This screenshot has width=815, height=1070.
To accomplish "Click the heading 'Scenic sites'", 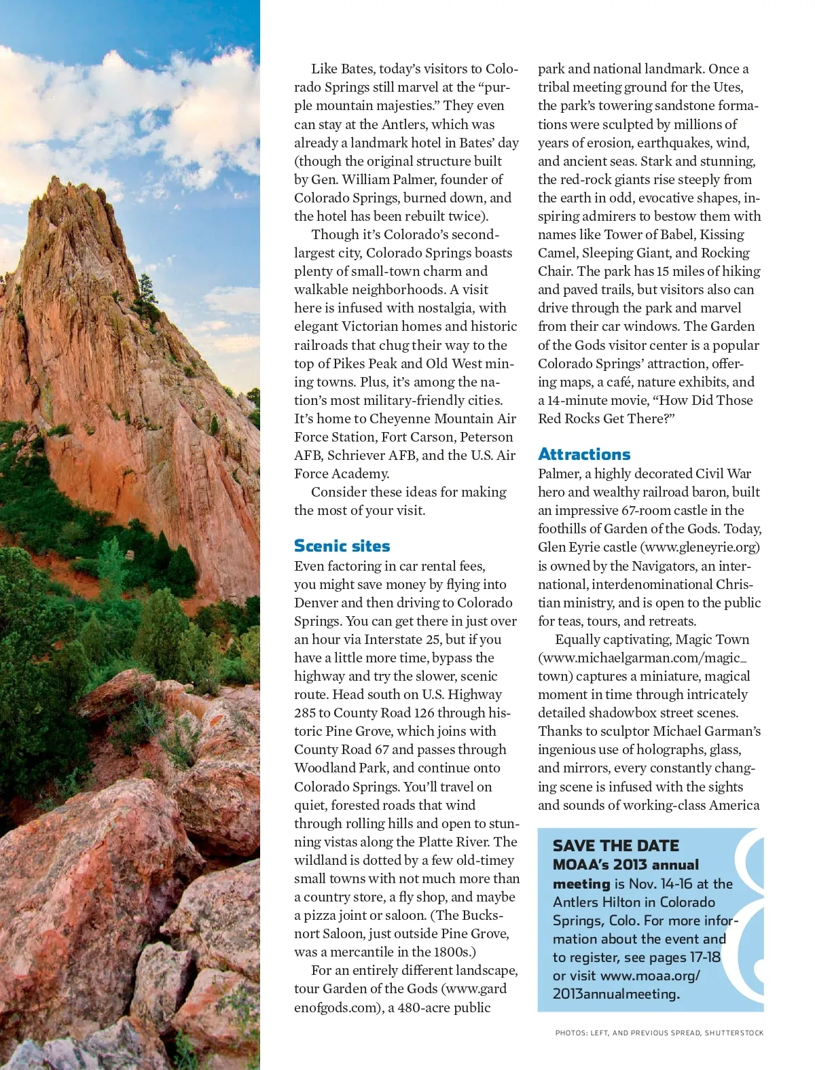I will [x=342, y=546].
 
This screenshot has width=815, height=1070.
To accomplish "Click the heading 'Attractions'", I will [x=584, y=454].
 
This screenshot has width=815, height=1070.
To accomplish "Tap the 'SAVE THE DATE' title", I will [x=615, y=846].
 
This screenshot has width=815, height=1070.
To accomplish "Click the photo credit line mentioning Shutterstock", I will [x=659, y=1033].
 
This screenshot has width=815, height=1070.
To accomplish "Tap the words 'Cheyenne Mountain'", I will [x=414, y=418].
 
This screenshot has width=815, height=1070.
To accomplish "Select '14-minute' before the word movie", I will [x=577, y=400].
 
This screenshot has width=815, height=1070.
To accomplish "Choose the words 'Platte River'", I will [x=454, y=842].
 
